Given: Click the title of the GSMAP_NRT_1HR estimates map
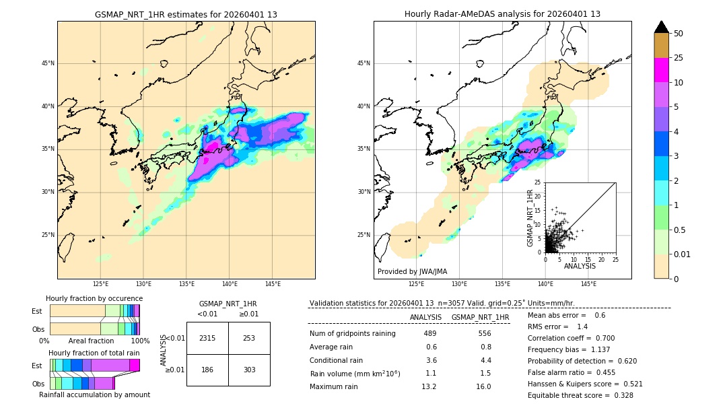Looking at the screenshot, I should [x=186, y=14].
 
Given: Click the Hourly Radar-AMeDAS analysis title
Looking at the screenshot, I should [x=502, y=14].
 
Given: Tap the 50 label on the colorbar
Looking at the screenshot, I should [x=679, y=34].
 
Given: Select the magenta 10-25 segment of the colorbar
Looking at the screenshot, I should [x=662, y=70].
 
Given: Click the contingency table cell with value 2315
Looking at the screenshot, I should [x=207, y=338].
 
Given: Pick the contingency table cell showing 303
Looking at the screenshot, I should [x=249, y=370].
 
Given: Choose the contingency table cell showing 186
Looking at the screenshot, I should [x=207, y=370].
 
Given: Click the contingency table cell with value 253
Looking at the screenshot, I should [x=249, y=338].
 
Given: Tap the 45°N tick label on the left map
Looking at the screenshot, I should [x=48, y=63].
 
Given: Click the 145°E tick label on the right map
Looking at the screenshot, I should [x=588, y=284].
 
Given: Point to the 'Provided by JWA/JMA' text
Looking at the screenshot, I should [x=412, y=272].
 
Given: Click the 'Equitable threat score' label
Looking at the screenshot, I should [x=568, y=395].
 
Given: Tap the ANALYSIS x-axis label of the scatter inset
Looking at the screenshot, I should [x=580, y=266].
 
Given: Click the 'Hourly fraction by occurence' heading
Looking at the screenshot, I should [x=94, y=298].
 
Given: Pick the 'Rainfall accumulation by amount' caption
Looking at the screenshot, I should [x=94, y=394].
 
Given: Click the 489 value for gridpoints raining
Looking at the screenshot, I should [x=430, y=333].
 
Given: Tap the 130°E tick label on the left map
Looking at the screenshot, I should [x=143, y=284].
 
